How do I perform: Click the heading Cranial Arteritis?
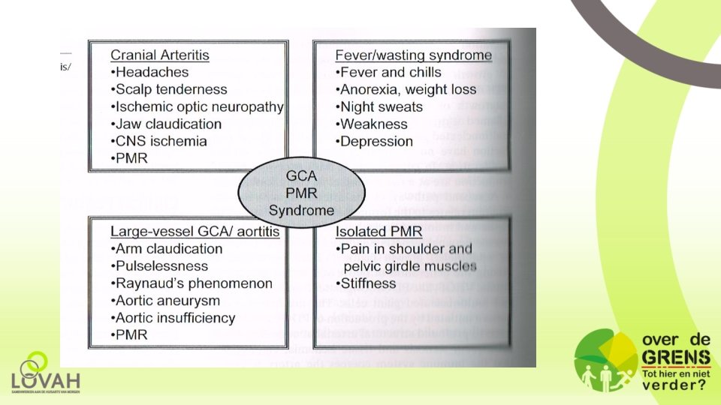coord(159,55)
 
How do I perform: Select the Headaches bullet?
coord(149,72)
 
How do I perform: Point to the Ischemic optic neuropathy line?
coord(197,106)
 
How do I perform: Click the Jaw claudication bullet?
coord(166,124)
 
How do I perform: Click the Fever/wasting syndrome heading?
coord(413,55)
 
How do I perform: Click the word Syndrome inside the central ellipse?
coord(300,210)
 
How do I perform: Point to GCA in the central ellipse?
coord(300,178)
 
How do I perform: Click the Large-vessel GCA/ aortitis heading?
coord(195,232)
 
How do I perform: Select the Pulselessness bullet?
coord(159,266)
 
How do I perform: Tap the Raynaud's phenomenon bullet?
coord(192,283)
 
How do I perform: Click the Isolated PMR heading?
coord(379,232)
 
